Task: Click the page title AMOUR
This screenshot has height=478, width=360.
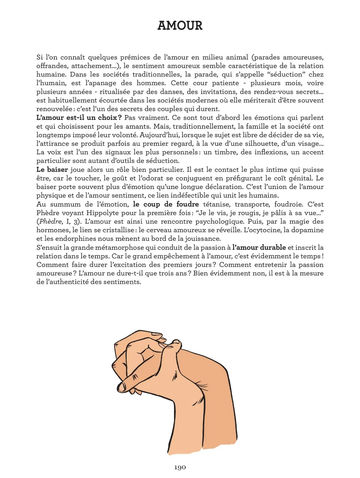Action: [x=180, y=26]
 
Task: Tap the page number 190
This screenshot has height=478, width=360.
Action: [x=180, y=467]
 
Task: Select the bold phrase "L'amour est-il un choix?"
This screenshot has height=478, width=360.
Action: [x=79, y=118]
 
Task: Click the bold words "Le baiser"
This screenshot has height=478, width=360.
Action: [x=52, y=170]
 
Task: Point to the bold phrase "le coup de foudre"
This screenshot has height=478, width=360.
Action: [x=166, y=204]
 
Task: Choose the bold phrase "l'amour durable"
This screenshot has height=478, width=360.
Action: [x=259, y=248]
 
